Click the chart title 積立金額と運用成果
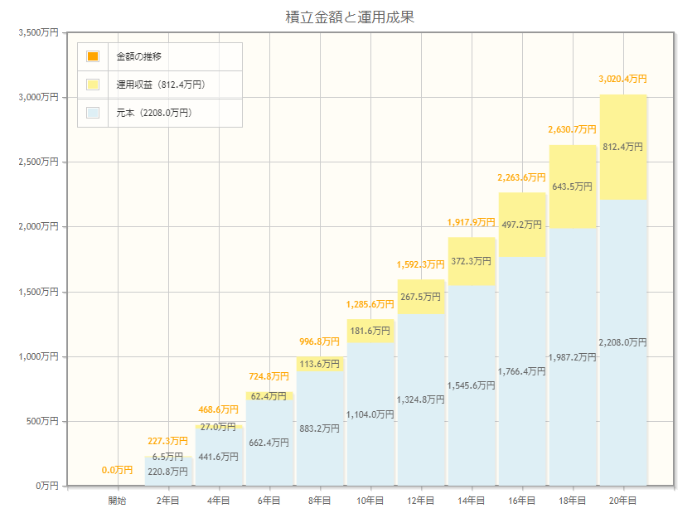click(348, 16)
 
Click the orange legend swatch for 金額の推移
click(93, 56)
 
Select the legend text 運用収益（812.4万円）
click(161, 85)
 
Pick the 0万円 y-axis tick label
click(45, 486)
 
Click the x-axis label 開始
click(117, 501)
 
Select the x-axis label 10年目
click(370, 501)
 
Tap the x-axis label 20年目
click(622, 501)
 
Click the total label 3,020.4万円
click(622, 79)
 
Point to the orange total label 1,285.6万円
click(370, 304)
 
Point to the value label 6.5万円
click(168, 457)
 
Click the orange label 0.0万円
click(117, 470)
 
